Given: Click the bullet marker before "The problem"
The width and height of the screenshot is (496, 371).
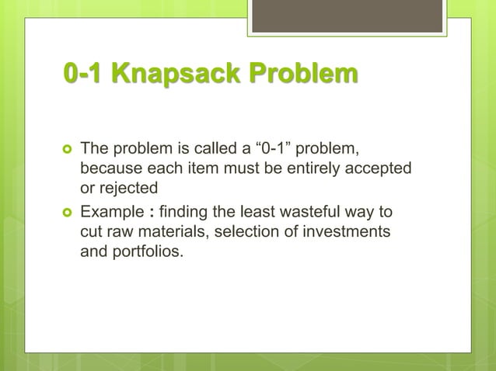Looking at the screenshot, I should pyautogui.click(x=68, y=148).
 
